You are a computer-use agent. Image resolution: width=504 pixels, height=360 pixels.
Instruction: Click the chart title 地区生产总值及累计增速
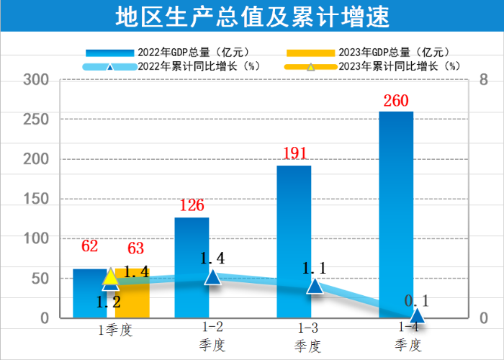251,17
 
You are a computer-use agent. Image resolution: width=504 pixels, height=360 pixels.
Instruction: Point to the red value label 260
396,101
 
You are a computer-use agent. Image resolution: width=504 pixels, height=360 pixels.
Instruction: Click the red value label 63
135,249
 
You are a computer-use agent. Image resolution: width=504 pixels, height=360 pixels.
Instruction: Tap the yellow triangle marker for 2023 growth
109,276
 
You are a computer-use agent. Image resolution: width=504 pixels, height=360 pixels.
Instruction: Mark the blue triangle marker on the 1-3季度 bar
315,285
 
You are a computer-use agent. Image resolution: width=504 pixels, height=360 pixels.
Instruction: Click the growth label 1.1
315,268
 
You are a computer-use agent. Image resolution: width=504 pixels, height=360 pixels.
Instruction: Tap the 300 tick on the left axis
35,79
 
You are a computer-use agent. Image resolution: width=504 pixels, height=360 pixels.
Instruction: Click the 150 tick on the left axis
35,199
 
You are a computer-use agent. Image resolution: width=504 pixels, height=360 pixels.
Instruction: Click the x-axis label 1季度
116,330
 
